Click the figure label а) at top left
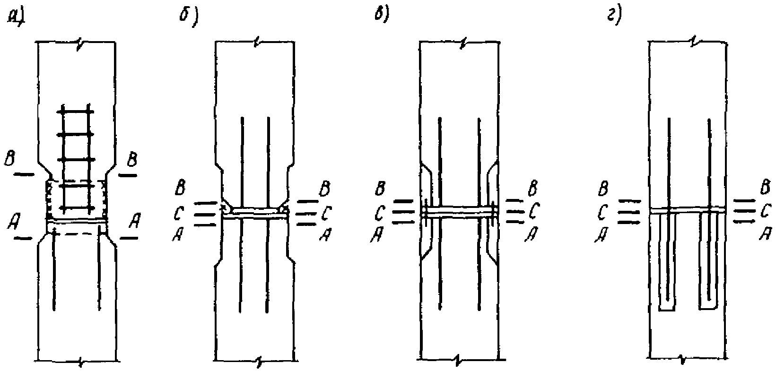(16, 17)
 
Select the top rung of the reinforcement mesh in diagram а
(75, 112)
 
